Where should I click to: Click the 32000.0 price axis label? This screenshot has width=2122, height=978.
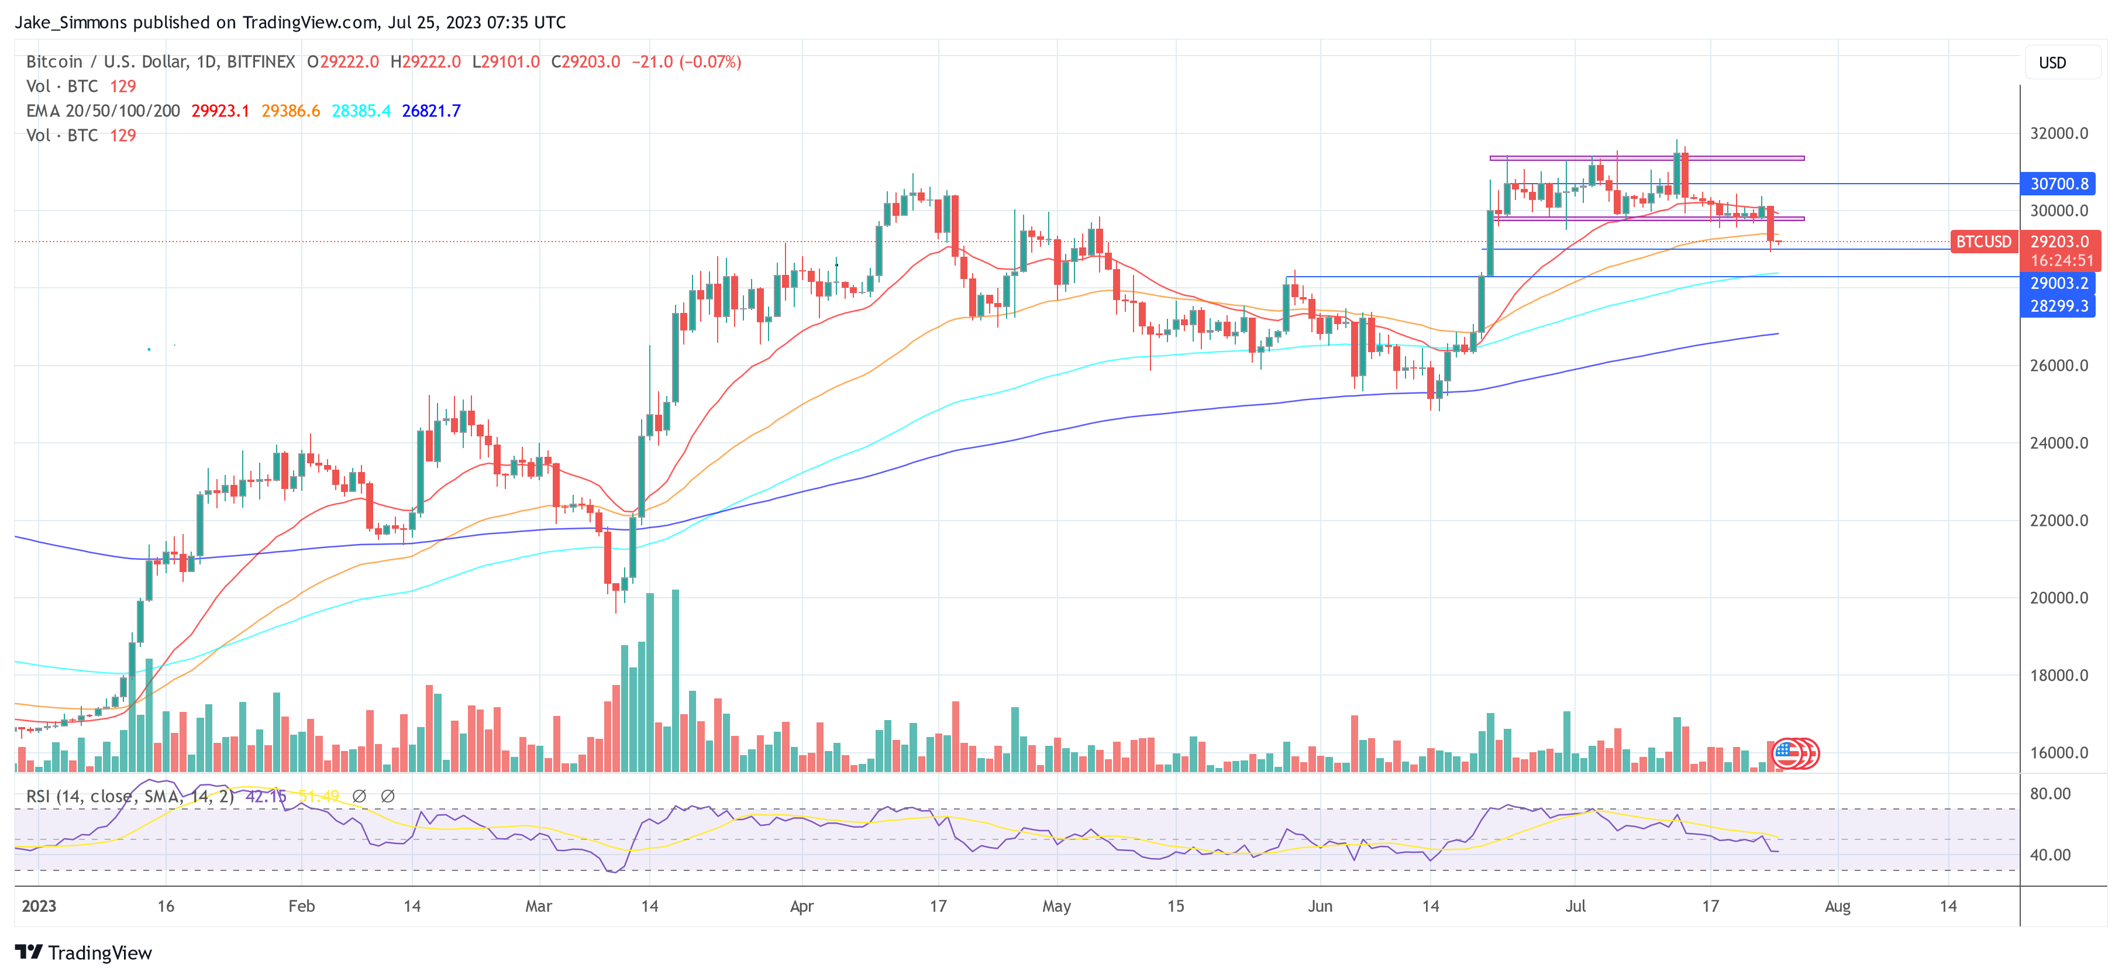tap(2059, 133)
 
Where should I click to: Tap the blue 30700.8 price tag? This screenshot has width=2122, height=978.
tap(2059, 184)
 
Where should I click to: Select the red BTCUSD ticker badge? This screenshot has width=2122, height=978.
tap(1983, 242)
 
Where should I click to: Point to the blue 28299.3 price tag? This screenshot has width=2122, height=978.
tap(2059, 306)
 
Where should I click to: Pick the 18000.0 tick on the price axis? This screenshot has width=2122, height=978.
tap(2059, 676)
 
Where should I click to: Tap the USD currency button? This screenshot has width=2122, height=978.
tap(2052, 63)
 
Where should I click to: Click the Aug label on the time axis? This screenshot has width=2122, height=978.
tap(1837, 906)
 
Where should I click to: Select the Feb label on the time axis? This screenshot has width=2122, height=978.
tap(301, 906)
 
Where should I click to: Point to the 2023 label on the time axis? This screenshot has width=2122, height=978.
tap(39, 906)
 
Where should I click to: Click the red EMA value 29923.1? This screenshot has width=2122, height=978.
tap(220, 111)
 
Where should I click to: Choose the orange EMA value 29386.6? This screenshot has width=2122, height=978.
tap(291, 111)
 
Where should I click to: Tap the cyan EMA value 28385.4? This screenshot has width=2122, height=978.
tap(361, 111)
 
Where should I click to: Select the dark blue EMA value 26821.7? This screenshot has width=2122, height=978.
tap(431, 111)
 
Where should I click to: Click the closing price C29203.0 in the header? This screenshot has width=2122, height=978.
tap(585, 62)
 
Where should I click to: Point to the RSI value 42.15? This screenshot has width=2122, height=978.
tap(266, 797)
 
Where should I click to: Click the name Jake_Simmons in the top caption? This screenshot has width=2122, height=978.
tap(71, 22)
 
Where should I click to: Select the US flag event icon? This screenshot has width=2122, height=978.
tap(1786, 752)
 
